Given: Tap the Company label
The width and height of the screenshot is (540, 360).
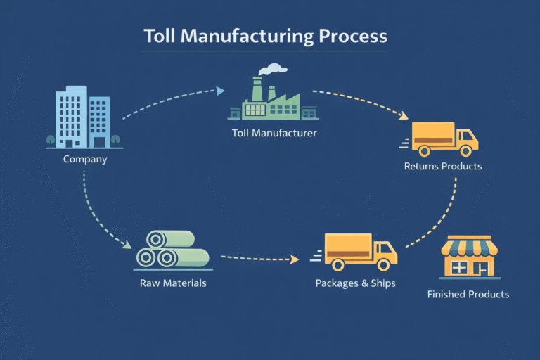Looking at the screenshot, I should pyautogui.click(x=85, y=159).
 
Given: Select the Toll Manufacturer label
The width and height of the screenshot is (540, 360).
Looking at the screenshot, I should pyautogui.click(x=274, y=132).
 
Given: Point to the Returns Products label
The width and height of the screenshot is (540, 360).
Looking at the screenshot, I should pyautogui.click(x=443, y=167).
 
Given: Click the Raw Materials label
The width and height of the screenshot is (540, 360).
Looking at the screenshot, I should pyautogui.click(x=173, y=283).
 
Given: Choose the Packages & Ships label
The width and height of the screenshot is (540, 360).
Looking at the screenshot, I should pyautogui.click(x=355, y=283).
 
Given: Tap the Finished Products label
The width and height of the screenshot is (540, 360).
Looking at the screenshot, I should pyautogui.click(x=468, y=294).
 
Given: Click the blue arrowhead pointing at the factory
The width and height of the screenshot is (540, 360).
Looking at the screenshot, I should pyautogui.click(x=221, y=91).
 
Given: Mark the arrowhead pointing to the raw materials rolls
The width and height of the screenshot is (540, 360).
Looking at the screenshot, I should pyautogui.click(x=127, y=245).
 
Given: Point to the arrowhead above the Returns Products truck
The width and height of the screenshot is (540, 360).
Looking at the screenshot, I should pyautogui.click(x=406, y=116).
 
